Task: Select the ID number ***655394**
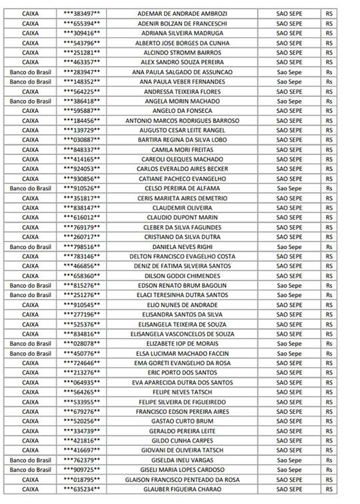(x=82, y=23)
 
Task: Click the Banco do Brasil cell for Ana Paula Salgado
(x=29, y=72)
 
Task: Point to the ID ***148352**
(x=82, y=81)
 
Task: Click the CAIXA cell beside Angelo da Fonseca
(x=29, y=111)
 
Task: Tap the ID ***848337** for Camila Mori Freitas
(x=82, y=150)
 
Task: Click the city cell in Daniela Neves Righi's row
(x=289, y=247)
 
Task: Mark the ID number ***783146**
(x=82, y=256)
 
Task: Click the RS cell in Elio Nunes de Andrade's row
(x=329, y=305)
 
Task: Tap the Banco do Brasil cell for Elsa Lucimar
(x=29, y=353)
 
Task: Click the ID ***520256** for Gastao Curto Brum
(x=82, y=421)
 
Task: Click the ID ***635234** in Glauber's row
(x=82, y=489)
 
